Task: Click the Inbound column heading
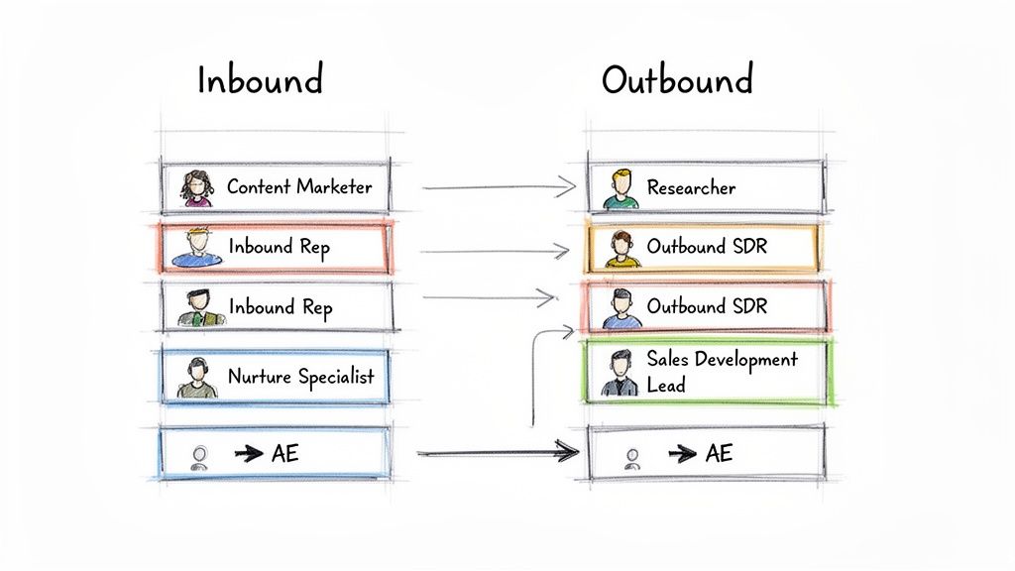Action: click(x=260, y=80)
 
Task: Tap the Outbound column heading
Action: click(x=677, y=79)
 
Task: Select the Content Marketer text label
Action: click(x=299, y=186)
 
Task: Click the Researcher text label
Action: click(x=691, y=187)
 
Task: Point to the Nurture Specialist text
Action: click(x=301, y=377)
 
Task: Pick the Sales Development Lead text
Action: click(x=721, y=371)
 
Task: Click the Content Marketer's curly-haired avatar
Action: click(x=197, y=187)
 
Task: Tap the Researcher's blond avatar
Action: click(x=621, y=188)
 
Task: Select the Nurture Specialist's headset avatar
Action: click(x=197, y=378)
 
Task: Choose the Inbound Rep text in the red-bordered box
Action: click(x=281, y=247)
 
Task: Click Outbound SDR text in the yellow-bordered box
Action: click(x=707, y=247)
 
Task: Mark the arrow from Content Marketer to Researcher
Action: click(x=499, y=186)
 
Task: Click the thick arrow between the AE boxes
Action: click(x=498, y=453)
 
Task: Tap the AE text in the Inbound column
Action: click(x=284, y=454)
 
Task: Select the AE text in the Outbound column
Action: click(x=719, y=454)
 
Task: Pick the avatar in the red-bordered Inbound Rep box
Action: click(x=197, y=248)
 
